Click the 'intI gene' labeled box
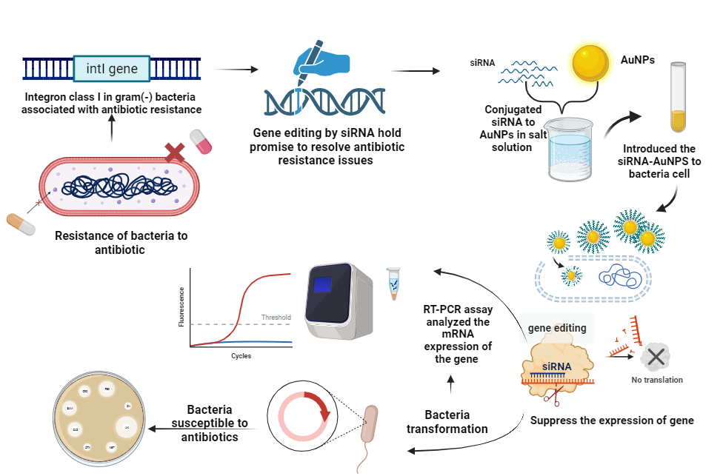point(112,69)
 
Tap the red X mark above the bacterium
point(175,152)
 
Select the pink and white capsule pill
point(201,141)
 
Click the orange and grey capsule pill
point(21,224)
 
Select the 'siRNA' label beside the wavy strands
point(482,64)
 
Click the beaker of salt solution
point(570,149)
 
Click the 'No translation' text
point(657,381)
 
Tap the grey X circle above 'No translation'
point(656,358)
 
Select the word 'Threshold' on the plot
point(276,318)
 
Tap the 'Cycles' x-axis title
point(240,356)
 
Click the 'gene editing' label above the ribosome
point(558,328)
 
